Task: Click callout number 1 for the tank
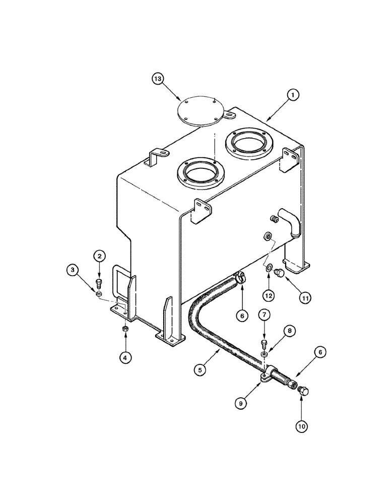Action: coord(292,94)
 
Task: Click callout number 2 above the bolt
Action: coord(100,257)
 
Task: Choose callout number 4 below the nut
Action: coord(125,358)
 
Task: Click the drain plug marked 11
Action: coord(278,273)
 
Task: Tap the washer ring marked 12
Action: coord(269,268)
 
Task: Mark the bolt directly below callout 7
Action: coord(264,345)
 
